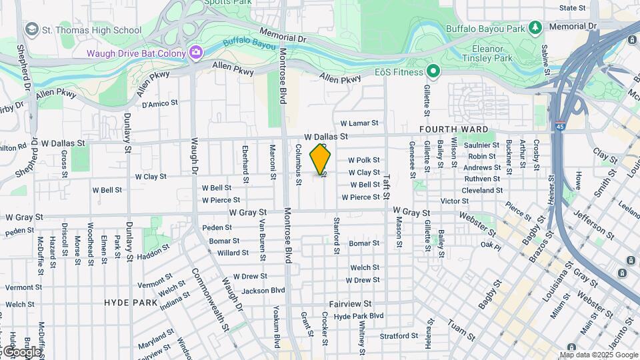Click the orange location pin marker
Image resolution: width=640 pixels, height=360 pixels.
point(321,159)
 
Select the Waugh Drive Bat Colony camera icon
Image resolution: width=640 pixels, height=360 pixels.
point(195,52)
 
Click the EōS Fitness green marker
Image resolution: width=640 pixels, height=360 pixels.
point(433,71)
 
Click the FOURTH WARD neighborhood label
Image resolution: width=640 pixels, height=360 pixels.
point(454,129)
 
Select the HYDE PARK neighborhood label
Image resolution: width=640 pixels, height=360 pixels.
point(131,303)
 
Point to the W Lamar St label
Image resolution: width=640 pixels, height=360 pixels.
point(359,123)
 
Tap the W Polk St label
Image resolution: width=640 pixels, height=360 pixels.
point(364,160)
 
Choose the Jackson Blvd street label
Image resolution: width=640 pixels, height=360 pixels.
point(263,291)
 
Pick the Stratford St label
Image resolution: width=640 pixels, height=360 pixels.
point(399,337)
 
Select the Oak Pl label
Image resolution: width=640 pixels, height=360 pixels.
point(490,245)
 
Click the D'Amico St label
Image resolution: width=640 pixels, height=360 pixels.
point(159,103)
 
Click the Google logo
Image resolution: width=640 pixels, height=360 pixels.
point(21,351)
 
